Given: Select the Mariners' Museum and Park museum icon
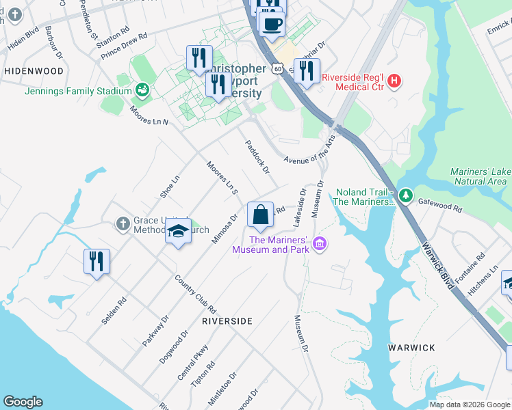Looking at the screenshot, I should point(318,243).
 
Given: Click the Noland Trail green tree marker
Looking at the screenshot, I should point(406,197).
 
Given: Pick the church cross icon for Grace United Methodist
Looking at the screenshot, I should point(123,223).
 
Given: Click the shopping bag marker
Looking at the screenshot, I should point(260,215).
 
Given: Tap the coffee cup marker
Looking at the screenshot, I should point(271,23).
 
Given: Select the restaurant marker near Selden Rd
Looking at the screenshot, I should point(97,261).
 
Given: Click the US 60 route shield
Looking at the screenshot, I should point(277,69).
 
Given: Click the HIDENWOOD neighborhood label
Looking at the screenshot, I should point(34,71).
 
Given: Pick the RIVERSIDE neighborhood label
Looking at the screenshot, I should point(227,320).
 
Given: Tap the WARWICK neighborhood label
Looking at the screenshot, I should point(411,348).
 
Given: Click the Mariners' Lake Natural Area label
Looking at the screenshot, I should point(479,176).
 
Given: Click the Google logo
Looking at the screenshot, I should point(23,402).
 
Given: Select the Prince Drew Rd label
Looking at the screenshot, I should point(124,45).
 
